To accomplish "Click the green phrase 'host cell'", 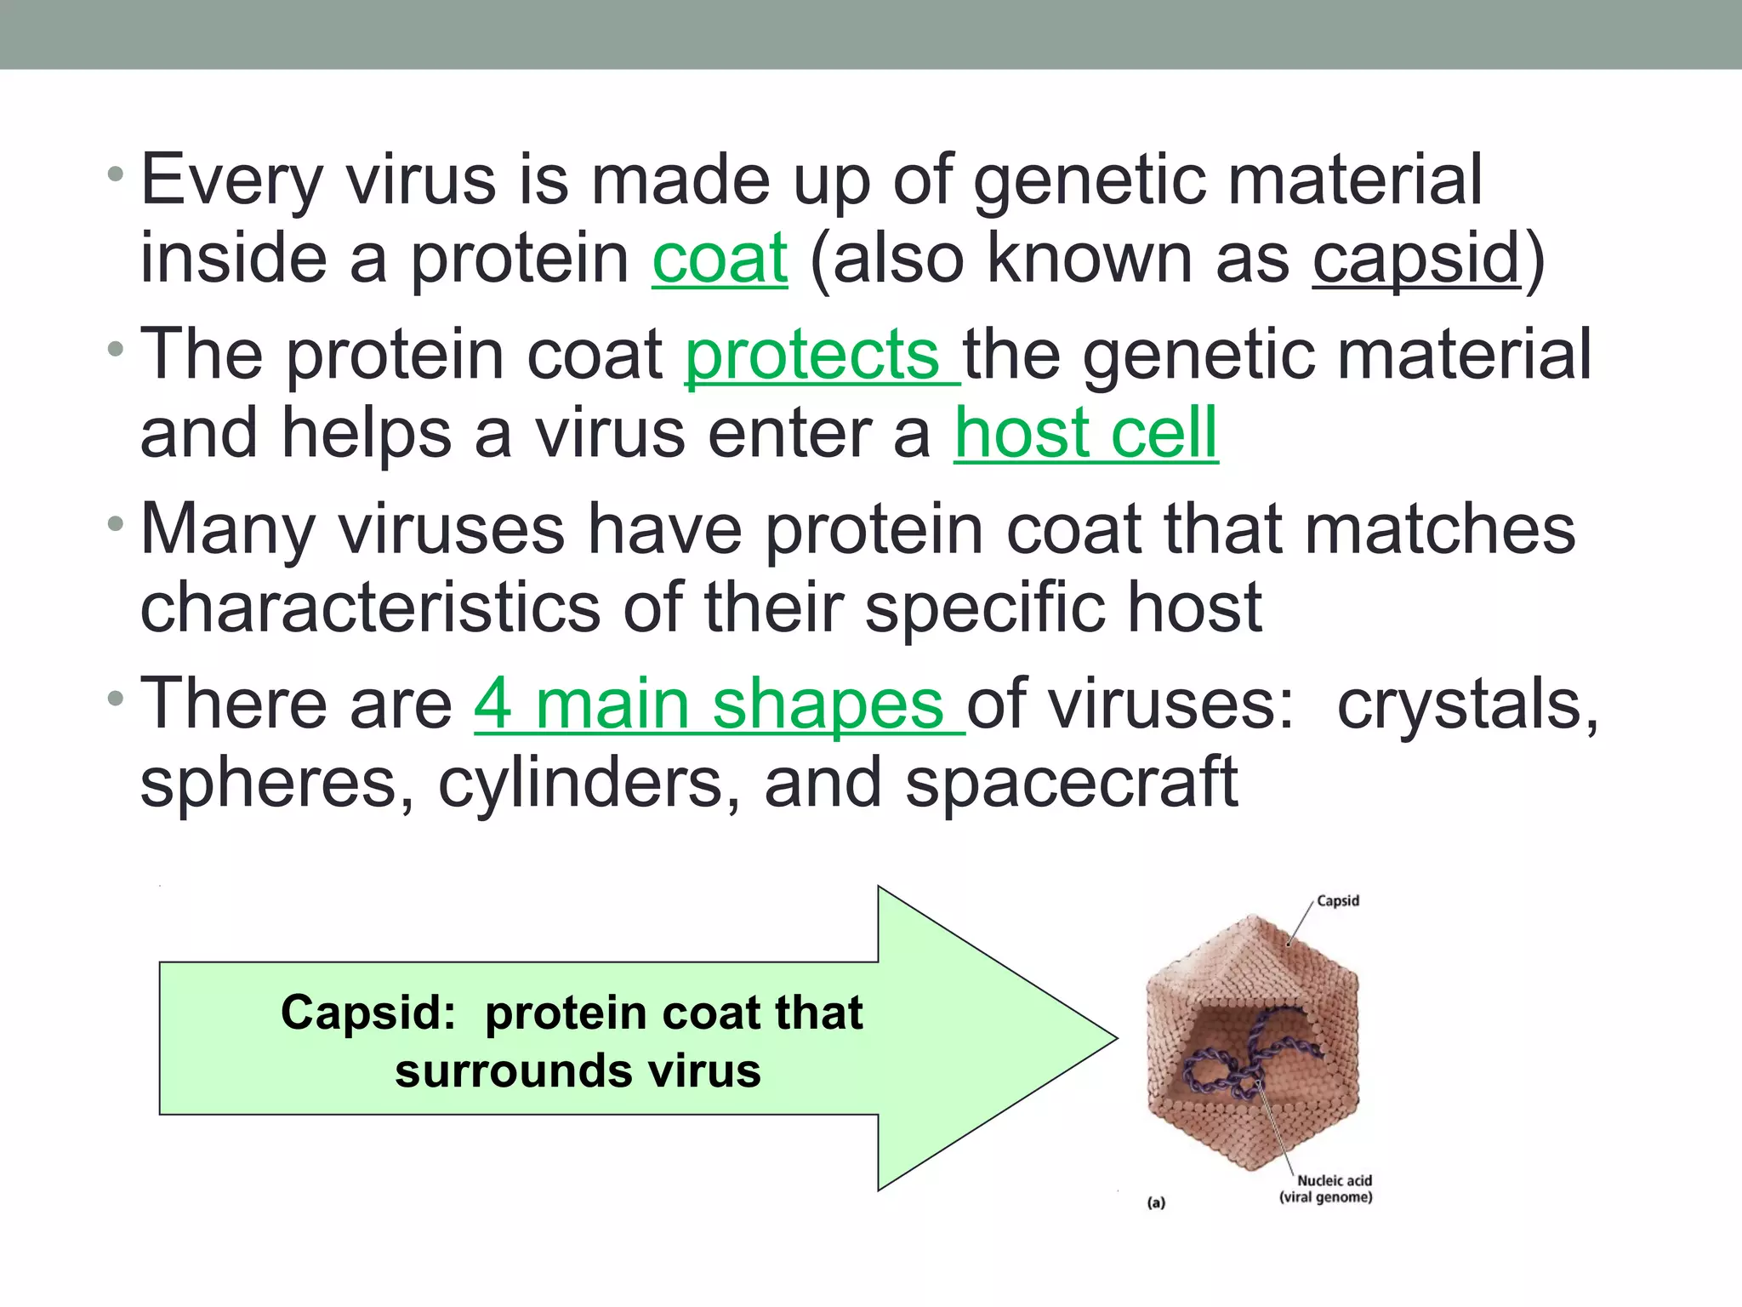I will [1085, 433].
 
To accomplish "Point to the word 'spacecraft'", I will [1071, 783].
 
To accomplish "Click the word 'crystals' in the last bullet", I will [1467, 705].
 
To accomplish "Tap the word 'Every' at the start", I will [231, 180].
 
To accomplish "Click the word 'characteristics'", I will [370, 608].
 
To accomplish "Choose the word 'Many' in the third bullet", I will [227, 529].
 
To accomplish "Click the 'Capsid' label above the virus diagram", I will [1337, 900].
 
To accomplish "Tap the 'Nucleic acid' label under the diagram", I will [1334, 1180].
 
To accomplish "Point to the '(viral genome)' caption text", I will [1325, 1197].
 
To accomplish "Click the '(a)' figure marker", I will [1156, 1202].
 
